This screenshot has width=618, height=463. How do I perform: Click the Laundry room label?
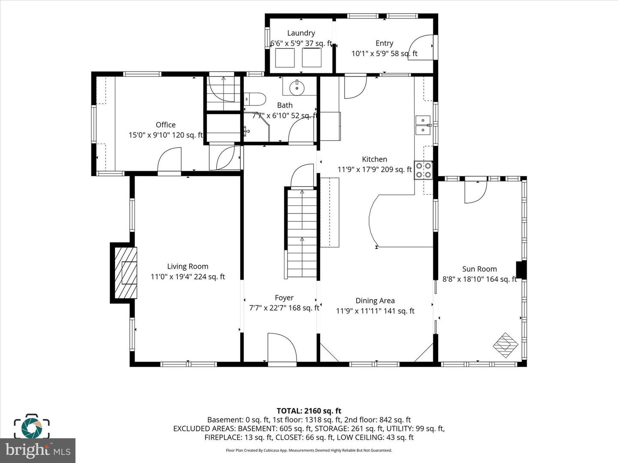[x=301, y=33]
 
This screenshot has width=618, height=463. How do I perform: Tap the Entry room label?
[x=384, y=43]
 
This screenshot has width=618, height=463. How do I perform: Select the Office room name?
[x=166, y=125]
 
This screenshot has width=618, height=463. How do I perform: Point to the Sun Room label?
[x=479, y=269]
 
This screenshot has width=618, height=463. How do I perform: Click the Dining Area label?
[x=375, y=301]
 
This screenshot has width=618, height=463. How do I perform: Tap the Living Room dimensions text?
[x=188, y=277]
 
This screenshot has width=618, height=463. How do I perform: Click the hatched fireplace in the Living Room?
[x=126, y=273]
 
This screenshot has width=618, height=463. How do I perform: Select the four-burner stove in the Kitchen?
[x=423, y=170]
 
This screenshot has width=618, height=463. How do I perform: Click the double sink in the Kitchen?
[x=423, y=125]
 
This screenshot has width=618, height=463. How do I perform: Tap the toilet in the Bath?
[x=254, y=99]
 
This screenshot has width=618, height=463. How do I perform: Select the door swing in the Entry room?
[x=421, y=47]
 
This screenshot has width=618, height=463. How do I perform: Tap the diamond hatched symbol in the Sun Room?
[x=506, y=346]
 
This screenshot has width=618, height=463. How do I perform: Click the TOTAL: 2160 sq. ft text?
[x=309, y=411]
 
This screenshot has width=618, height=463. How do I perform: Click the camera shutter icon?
[x=32, y=428]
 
